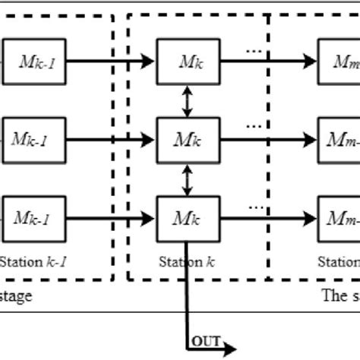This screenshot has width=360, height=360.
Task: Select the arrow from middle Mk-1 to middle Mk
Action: (114, 139)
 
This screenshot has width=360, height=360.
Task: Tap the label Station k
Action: (181, 263)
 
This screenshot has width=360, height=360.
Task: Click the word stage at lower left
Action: (16, 296)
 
